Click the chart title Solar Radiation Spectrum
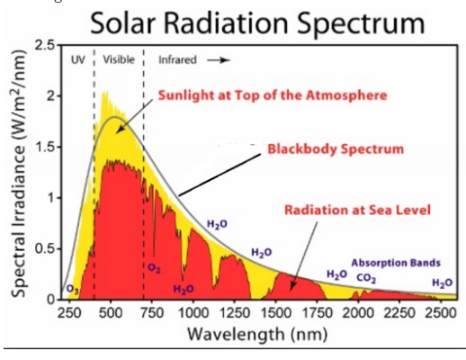point(257,24)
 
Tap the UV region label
point(78,59)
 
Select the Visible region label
point(119,59)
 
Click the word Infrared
point(177,60)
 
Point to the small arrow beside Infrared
point(219,60)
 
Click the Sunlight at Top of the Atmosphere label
point(273,95)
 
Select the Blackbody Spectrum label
point(336,149)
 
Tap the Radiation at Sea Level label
point(357,210)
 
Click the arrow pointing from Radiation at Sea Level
point(303,256)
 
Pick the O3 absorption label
point(72,290)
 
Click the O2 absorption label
point(154,268)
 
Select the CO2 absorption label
point(366,279)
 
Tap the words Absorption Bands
point(396,263)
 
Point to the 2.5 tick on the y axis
point(46,45)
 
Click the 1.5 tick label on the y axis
point(46,147)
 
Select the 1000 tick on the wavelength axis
point(193,313)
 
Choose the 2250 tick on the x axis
point(399,313)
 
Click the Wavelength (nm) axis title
point(257,334)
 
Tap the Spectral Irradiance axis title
point(19,174)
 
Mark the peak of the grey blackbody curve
point(114,117)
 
